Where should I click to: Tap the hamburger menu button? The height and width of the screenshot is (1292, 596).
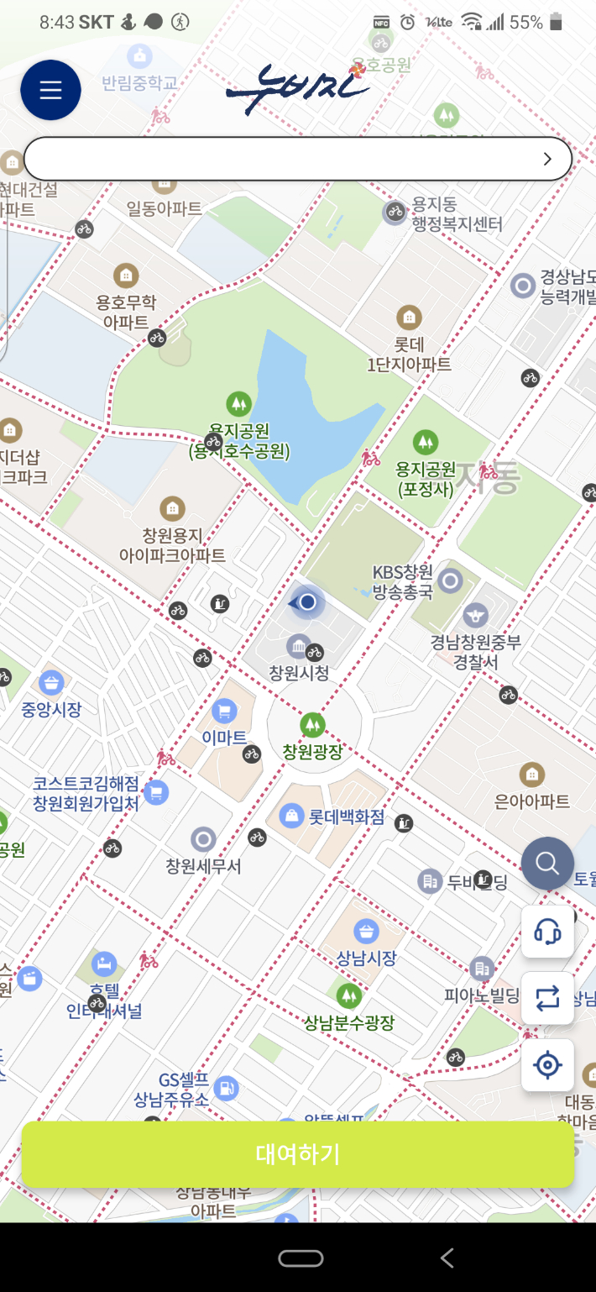[x=50, y=90]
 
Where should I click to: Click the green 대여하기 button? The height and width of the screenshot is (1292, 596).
[x=297, y=1153]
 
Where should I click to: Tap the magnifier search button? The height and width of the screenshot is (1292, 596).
[x=547, y=864]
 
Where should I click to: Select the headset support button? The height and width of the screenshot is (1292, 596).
[x=547, y=931]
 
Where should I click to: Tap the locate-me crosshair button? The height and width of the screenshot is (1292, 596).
[x=547, y=1065]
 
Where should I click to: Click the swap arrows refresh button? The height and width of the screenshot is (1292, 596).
[x=547, y=998]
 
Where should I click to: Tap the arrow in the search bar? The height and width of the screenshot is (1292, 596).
[x=547, y=159]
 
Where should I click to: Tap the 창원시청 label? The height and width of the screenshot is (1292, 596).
[x=299, y=673]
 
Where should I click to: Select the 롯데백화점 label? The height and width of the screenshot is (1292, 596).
[x=346, y=816]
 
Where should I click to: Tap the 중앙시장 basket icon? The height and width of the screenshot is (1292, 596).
[x=52, y=682]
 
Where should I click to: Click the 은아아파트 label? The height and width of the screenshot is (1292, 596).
[x=531, y=801]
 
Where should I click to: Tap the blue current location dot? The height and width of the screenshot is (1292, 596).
[x=308, y=601]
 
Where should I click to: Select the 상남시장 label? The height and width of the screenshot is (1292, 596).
[x=366, y=958]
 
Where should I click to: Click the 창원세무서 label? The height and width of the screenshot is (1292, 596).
[x=203, y=865]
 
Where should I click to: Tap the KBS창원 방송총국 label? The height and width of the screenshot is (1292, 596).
[x=403, y=581]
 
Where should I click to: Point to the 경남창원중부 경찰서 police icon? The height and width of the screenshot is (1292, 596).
[x=476, y=615]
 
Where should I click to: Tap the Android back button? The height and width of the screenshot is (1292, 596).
[x=447, y=1257]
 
